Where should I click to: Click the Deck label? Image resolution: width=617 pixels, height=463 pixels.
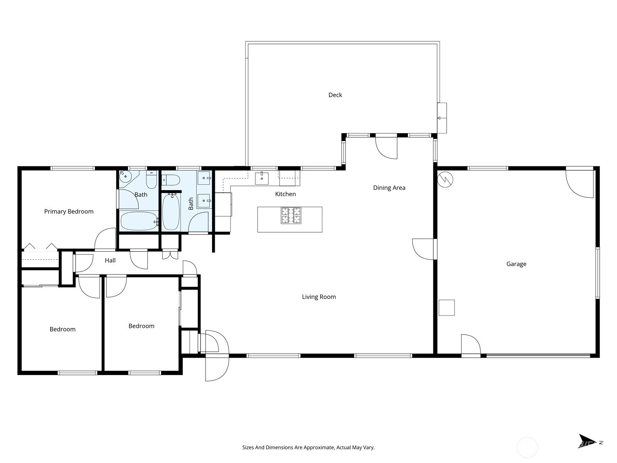pos(335,95)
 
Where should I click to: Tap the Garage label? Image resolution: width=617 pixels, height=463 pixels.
pos(516,264)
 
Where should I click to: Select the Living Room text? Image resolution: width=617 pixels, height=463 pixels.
pos(319,297)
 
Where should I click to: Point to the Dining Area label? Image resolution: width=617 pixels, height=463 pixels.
pos(389,188)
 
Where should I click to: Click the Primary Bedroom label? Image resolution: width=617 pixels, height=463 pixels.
pos(69,211)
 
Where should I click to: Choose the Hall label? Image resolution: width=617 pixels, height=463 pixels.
pos(110,260)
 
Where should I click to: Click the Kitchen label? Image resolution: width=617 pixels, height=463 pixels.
pos(285,194)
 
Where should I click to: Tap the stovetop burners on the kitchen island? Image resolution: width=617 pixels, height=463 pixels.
pos(291,215)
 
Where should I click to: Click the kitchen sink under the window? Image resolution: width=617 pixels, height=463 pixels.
pos(262,178)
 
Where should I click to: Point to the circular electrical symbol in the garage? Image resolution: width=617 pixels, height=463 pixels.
pos(445,179)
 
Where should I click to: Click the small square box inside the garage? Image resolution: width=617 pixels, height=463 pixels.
pos(447,308)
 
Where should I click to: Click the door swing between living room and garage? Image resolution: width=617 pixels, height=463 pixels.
pos(423,249)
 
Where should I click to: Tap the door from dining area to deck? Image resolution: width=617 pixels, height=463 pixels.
pos(386,148)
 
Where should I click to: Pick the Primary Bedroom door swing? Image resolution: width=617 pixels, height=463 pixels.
pos(105,239)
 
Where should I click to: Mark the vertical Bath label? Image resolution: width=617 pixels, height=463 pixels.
pos(191,204)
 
